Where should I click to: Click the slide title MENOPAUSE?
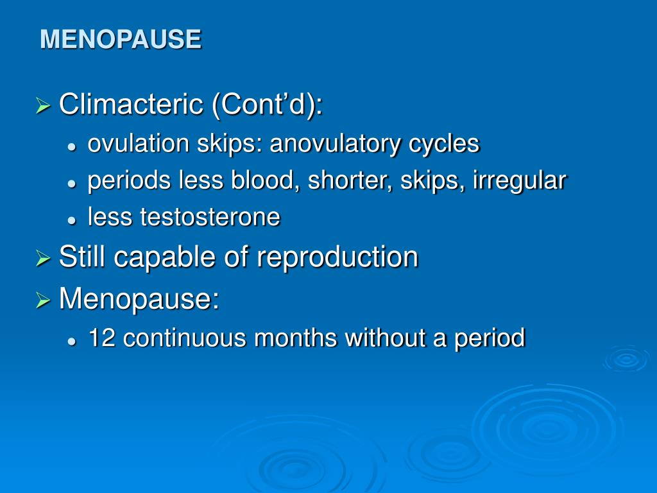121,39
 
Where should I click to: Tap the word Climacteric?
131,104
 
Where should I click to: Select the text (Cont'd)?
268,105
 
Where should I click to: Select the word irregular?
519,181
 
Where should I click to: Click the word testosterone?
210,217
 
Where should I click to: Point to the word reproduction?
337,257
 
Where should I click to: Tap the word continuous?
184,338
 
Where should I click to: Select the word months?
295,338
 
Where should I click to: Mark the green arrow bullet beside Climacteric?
43,105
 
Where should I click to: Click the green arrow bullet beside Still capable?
43,258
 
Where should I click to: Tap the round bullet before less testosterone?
73,221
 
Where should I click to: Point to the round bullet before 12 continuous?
73,342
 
